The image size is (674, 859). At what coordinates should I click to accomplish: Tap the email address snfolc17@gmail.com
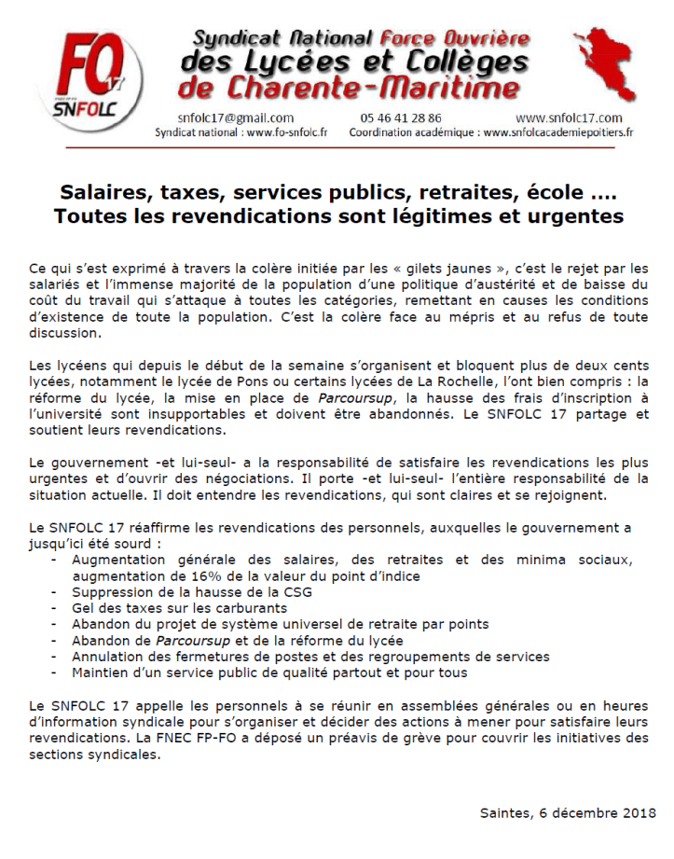tap(235, 118)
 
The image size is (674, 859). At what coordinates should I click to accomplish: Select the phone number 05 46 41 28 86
tap(401, 118)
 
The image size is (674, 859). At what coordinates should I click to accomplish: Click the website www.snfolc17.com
tap(568, 118)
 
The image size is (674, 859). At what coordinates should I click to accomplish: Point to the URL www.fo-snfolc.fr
tap(287, 132)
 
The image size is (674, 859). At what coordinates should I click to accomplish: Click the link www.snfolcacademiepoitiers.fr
tap(558, 132)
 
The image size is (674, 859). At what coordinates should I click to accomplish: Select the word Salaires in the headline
tap(100, 193)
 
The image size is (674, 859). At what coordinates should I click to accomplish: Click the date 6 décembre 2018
tap(598, 812)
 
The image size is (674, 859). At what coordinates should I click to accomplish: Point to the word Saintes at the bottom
tap(504, 812)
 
